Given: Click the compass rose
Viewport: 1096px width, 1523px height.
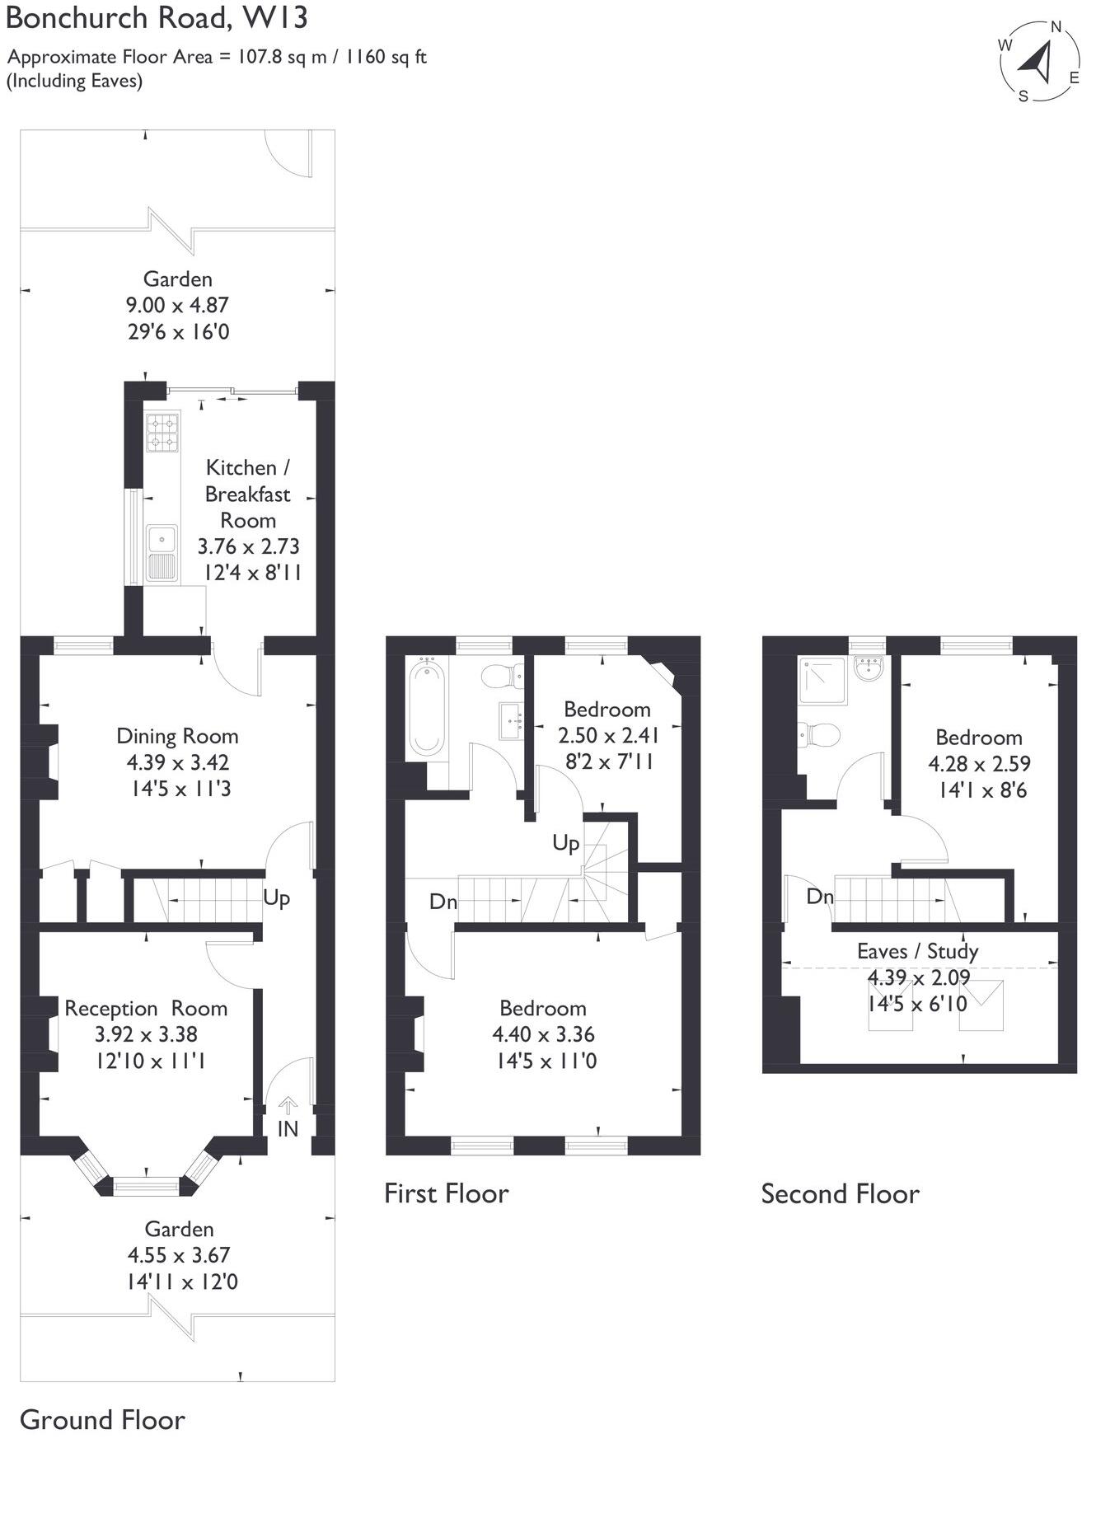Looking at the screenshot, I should [1040, 61].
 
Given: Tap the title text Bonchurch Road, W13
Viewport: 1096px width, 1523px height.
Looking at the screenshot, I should [157, 18].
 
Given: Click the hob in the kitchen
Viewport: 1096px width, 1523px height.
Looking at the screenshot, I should [162, 433].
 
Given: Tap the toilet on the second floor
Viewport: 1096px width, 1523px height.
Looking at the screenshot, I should [817, 733].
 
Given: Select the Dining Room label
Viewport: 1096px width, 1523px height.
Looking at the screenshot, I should [177, 736].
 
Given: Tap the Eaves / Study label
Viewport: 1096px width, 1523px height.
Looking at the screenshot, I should [917, 951].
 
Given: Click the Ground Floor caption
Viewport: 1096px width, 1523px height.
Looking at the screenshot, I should [102, 1419].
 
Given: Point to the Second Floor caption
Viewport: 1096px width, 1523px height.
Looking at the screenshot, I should [840, 1193].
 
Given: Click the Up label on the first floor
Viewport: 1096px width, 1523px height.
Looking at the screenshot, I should [565, 843].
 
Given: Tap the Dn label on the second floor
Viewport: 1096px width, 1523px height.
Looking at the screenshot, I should [819, 897].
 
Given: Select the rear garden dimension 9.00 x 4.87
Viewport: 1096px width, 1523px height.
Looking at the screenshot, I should [177, 305].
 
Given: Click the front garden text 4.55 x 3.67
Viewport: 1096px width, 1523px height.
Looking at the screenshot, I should [179, 1255].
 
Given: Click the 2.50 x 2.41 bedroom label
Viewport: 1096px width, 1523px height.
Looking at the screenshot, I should [607, 735].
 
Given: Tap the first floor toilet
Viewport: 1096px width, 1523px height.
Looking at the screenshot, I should [503, 676].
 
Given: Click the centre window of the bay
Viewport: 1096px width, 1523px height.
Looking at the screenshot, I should [146, 1187].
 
